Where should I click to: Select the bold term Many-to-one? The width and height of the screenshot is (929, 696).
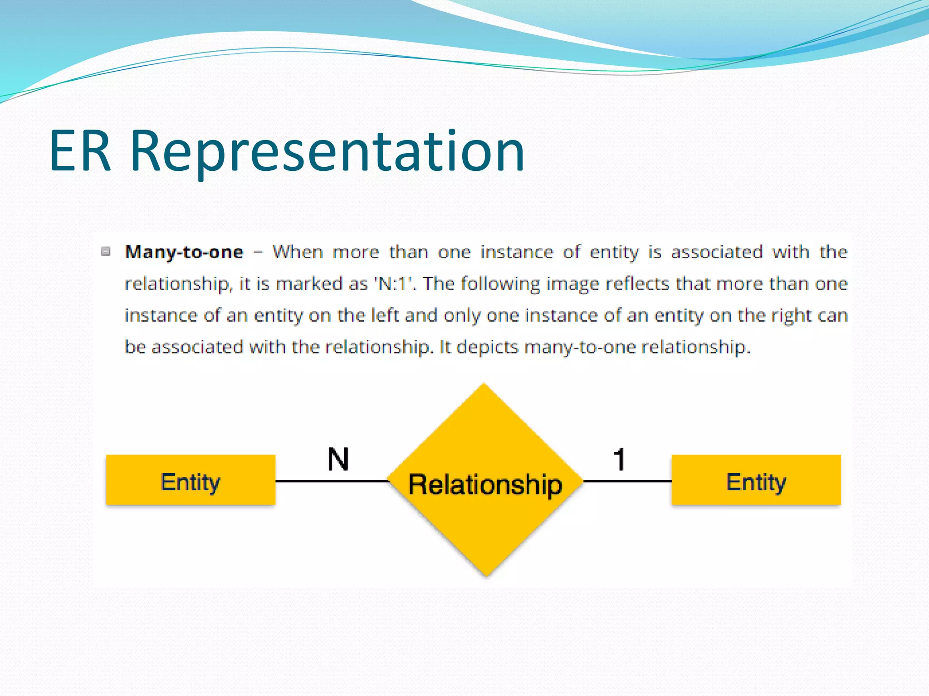[184, 252]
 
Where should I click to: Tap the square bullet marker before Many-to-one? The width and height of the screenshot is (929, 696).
[106, 251]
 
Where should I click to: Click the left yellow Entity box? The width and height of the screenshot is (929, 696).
[191, 480]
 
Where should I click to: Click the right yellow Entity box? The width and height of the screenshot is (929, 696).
[756, 480]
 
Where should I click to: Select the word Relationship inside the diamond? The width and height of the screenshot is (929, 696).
[485, 484]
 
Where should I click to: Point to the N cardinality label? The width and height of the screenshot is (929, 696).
[338, 459]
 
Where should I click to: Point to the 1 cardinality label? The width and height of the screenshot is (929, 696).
[620, 459]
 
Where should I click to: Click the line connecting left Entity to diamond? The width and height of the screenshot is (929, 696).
[331, 481]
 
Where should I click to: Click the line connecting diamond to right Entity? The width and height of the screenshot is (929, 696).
[627, 481]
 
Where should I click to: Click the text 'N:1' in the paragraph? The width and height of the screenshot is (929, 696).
[394, 284]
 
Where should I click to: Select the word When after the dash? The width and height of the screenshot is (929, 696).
[298, 252]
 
